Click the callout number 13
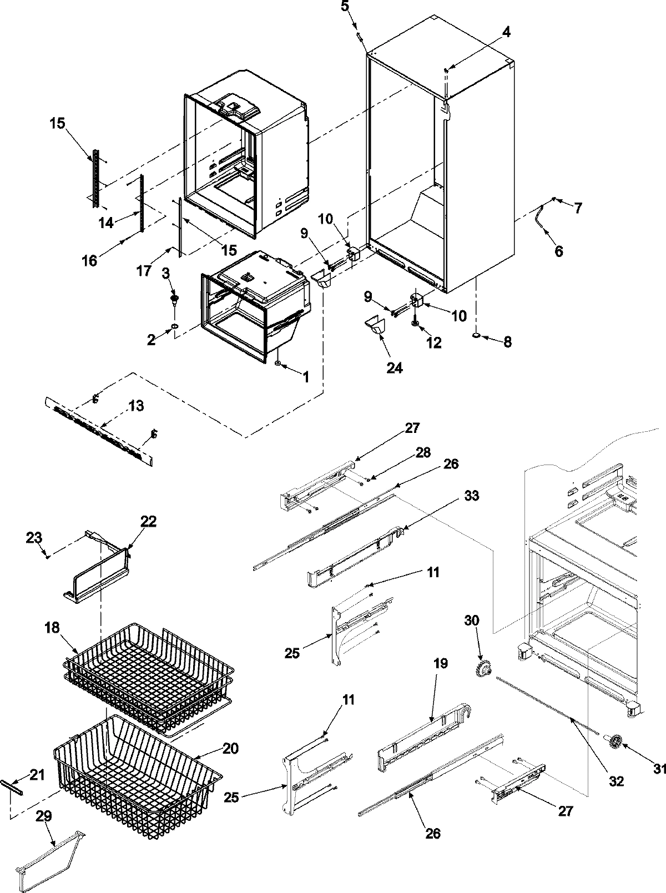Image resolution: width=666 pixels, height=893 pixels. tap(136, 406)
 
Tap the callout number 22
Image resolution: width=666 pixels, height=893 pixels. tap(148, 521)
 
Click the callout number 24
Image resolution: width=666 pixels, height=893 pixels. tap(395, 367)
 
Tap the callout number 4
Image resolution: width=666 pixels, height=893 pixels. tap(506, 32)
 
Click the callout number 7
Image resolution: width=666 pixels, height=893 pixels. tap(577, 208)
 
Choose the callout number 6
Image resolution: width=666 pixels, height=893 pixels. tap(558, 251)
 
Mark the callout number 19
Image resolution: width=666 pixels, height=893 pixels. tap(441, 664)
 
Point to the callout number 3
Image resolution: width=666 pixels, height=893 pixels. tap(165, 273)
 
